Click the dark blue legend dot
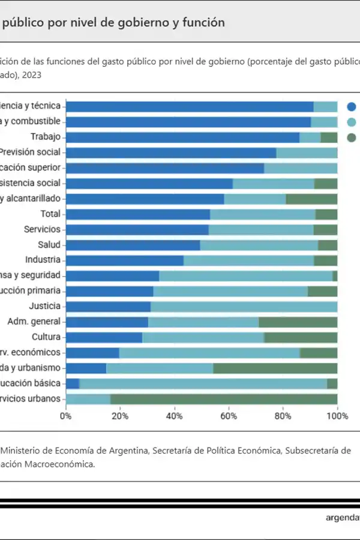352,107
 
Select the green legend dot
352,137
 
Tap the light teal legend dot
352,122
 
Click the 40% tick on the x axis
175,415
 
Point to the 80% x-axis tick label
283,415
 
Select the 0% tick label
66,415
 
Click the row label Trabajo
46,137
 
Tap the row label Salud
49,244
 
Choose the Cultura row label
46,337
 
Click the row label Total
50,214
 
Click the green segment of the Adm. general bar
298,322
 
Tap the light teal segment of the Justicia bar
244,307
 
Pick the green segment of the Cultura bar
301,337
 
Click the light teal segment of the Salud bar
259,245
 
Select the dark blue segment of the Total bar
138,214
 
